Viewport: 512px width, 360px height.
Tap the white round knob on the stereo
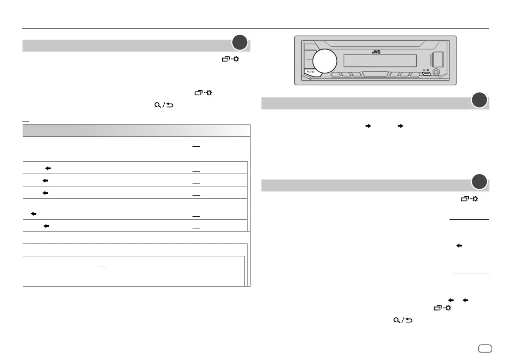325,61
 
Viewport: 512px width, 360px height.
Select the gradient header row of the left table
135,130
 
